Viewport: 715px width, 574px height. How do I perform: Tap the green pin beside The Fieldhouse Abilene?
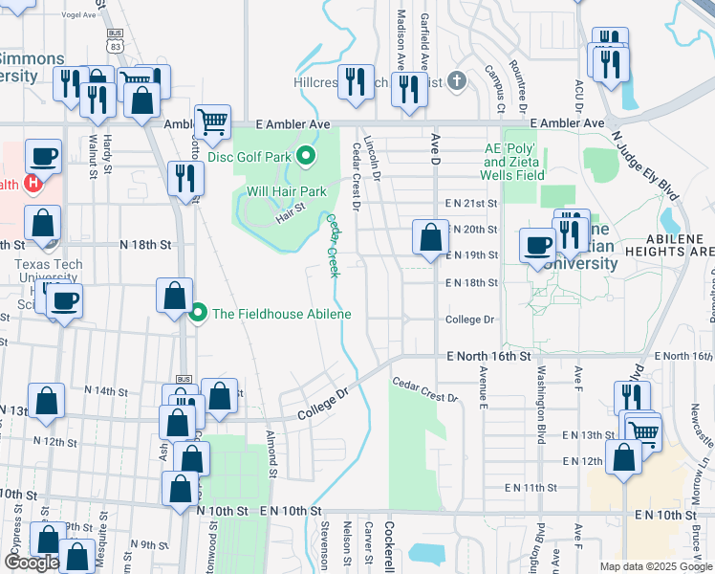(x=199, y=313)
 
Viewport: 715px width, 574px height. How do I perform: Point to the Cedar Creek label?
(x=334, y=246)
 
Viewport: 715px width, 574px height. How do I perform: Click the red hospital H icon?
(x=33, y=182)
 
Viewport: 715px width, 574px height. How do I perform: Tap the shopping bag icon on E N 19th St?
(x=430, y=236)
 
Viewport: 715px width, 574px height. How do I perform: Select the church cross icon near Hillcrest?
(x=456, y=81)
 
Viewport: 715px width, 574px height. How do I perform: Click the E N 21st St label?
(x=471, y=204)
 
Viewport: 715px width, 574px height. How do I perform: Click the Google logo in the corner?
(x=32, y=563)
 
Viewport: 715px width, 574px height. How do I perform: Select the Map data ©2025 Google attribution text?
(x=654, y=566)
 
